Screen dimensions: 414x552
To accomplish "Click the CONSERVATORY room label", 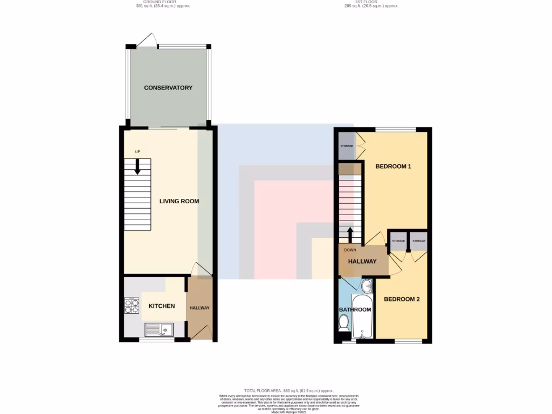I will [168, 88].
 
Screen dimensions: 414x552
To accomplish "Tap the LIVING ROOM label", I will [179, 201].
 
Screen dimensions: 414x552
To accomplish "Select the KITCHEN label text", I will [162, 306].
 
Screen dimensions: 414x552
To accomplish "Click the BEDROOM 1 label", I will [393, 167].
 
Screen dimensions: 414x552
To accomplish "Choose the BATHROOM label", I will [355, 309].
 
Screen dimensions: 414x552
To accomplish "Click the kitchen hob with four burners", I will [132, 306].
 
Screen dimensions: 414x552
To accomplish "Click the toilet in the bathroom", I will [344, 323].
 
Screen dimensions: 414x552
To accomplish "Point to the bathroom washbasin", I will [367, 285].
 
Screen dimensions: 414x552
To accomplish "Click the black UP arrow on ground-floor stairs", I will [137, 165].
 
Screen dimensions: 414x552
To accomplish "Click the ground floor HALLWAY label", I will [199, 308].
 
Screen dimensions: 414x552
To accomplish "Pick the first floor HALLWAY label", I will [362, 261].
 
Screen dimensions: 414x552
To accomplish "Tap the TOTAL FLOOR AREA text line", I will [288, 390].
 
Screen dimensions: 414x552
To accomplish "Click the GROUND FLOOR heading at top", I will [162, 3].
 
